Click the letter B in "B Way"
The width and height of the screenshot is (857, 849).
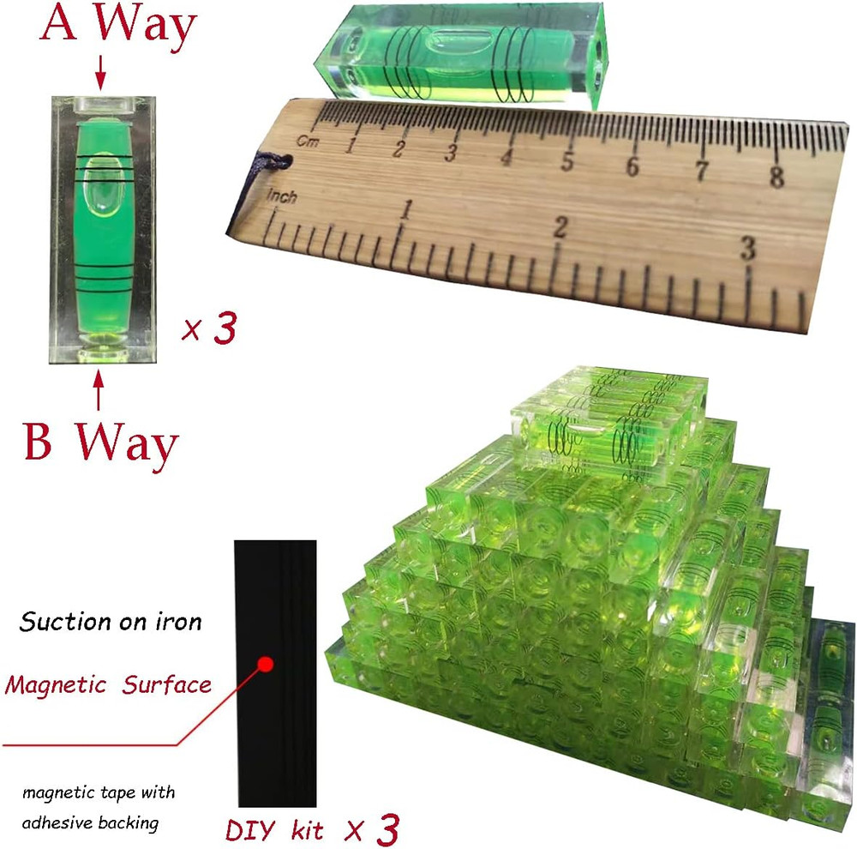tap(39, 441)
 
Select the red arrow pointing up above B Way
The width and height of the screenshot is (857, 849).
tap(99, 389)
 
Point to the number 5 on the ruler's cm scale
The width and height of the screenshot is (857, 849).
tap(566, 160)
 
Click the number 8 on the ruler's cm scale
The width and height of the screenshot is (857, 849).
tap(776, 176)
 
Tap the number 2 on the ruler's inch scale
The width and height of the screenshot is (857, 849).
tap(560, 227)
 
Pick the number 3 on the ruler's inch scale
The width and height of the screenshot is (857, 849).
tap(747, 248)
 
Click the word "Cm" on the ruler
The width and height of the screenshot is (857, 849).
tap(308, 141)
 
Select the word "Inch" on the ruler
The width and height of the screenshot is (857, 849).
tap(282, 196)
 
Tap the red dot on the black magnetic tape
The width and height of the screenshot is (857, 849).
tap(266, 664)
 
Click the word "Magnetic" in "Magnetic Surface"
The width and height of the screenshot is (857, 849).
tap(56, 685)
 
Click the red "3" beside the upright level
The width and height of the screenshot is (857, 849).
tap(225, 328)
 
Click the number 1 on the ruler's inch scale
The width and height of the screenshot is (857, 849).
tap(405, 209)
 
